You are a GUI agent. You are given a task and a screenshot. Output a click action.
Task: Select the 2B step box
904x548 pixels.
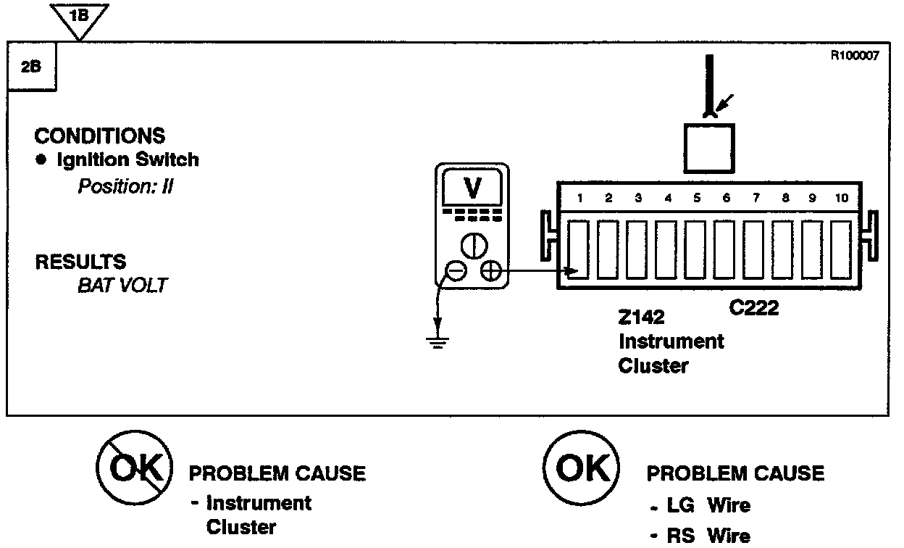[31, 67]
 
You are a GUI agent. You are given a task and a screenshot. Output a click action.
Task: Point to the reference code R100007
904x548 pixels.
[855, 55]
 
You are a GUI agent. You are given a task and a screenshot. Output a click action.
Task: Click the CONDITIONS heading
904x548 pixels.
[100, 136]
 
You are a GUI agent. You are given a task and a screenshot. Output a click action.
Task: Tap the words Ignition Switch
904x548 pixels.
[127, 160]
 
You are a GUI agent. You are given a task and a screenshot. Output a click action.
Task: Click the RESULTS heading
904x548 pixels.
[80, 261]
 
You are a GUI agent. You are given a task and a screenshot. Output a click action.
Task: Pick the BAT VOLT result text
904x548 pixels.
[122, 285]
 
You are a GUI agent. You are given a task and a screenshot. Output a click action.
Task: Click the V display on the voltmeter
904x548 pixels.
[472, 188]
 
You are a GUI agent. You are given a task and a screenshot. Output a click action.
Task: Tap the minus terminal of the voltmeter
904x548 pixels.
[456, 271]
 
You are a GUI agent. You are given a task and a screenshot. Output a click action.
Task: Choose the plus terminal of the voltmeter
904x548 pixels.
[490, 271]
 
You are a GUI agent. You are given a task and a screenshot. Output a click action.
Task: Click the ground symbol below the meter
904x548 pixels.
[436, 341]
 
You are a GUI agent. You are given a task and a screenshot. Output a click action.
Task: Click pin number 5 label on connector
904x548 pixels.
[696, 198]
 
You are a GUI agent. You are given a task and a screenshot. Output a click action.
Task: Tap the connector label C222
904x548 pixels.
[754, 309]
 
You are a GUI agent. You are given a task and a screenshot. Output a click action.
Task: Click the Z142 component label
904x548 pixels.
[641, 317]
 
